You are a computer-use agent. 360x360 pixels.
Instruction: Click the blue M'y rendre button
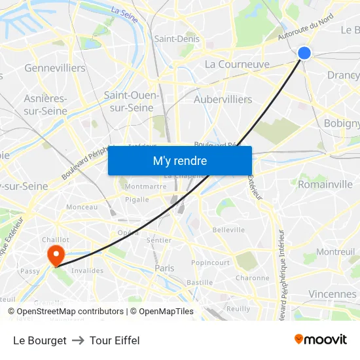pos(180,160)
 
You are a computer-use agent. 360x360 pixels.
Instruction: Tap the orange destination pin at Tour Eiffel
pos(56,254)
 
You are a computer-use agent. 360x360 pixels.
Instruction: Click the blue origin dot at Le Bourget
pos(304,53)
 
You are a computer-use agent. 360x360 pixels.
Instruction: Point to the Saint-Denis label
pos(177,39)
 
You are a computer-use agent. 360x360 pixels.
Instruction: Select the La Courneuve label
pos(237,64)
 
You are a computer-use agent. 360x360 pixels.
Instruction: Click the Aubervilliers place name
pos(223,99)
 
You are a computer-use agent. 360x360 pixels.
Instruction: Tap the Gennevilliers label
pos(55,68)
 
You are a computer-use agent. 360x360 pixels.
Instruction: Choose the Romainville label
pos(325,185)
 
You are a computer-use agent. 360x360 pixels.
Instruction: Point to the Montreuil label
pos(335,251)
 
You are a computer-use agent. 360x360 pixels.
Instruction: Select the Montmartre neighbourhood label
pos(145,187)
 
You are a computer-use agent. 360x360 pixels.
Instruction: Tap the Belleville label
pos(228,230)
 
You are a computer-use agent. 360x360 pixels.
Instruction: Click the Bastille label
pos(200,283)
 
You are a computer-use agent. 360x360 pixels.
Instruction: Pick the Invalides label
pos(87,270)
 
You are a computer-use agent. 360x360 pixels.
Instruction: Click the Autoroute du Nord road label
pos(306,30)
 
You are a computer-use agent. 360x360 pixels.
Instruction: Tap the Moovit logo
pos(321,340)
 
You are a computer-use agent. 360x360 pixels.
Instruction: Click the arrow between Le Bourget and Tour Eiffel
pos(78,340)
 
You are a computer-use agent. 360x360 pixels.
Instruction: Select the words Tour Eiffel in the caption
pos(115,340)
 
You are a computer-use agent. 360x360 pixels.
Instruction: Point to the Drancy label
pos(343,75)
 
